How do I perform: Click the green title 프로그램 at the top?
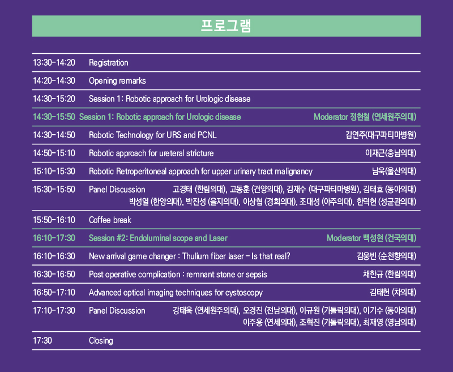pyautogui.click(x=226, y=26)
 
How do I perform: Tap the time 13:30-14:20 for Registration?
pyautogui.click(x=54, y=63)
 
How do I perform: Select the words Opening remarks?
pyautogui.click(x=117, y=81)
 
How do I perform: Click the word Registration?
pyautogui.click(x=108, y=63)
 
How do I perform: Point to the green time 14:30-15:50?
pyautogui.click(x=54, y=117)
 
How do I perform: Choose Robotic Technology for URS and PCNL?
pyautogui.click(x=152, y=135)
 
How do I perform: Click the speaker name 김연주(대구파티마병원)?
pyautogui.click(x=381, y=135)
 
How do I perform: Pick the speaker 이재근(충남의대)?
pyautogui.click(x=391, y=153)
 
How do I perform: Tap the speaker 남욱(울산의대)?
pyautogui.click(x=394, y=171)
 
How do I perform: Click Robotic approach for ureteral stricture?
pyautogui.click(x=151, y=153)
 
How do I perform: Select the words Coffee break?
pyautogui.click(x=110, y=220)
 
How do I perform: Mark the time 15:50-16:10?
pyautogui.click(x=54, y=220)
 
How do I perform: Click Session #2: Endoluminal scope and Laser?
pyautogui.click(x=158, y=238)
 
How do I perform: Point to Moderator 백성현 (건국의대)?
pyautogui.click(x=371, y=238)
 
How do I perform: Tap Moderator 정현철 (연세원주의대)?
pyautogui.click(x=365, y=117)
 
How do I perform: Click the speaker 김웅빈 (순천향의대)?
pyautogui.click(x=387, y=256)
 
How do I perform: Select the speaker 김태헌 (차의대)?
pyautogui.click(x=393, y=293)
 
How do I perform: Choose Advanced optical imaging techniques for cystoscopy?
pyautogui.click(x=176, y=293)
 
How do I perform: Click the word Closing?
pyautogui.click(x=101, y=341)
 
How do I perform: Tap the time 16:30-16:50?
pyautogui.click(x=54, y=275)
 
